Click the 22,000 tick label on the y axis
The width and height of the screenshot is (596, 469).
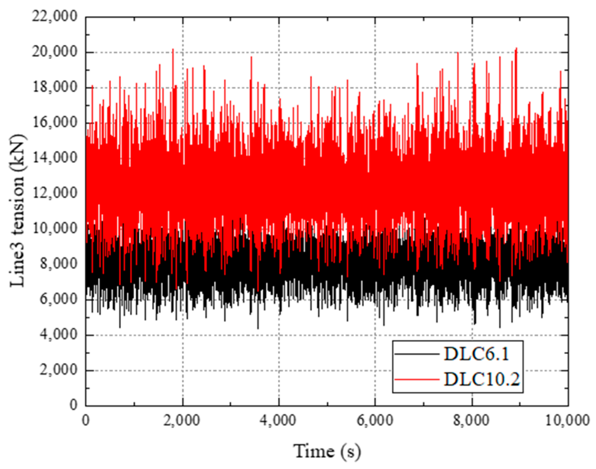[x=55, y=17]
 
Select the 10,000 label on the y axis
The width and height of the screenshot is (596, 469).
[x=55, y=228]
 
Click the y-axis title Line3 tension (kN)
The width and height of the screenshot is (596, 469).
[x=17, y=211]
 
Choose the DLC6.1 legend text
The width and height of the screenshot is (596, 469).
[x=477, y=354]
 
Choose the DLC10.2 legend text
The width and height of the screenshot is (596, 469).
[x=482, y=379]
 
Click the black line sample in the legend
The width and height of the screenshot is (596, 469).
[x=417, y=354]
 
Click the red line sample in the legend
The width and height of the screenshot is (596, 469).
[x=417, y=379]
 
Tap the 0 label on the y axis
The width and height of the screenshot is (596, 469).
[x=74, y=405]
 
